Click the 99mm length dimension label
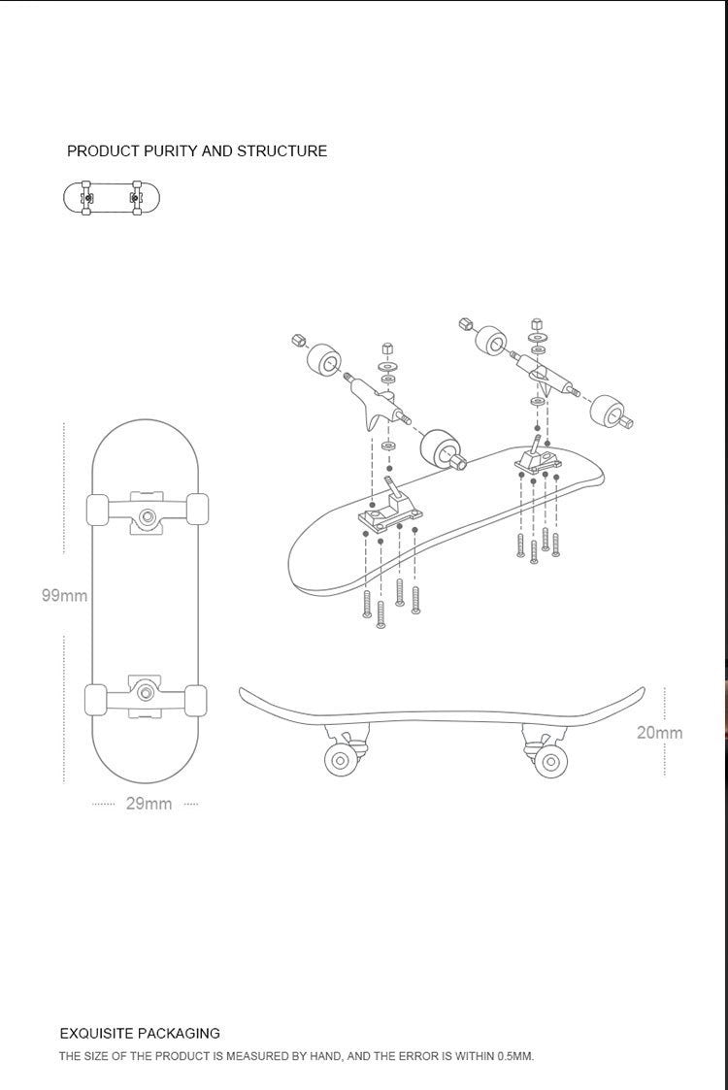click(x=64, y=595)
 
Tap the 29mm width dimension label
click(x=149, y=804)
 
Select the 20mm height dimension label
click(x=659, y=732)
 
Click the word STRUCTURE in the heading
click(x=281, y=151)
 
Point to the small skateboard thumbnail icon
click(x=112, y=197)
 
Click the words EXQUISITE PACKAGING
click(x=140, y=1034)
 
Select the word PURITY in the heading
click(x=173, y=151)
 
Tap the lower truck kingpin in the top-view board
click(x=147, y=692)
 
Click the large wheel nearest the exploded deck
click(x=443, y=449)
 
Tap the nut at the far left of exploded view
click(x=299, y=341)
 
